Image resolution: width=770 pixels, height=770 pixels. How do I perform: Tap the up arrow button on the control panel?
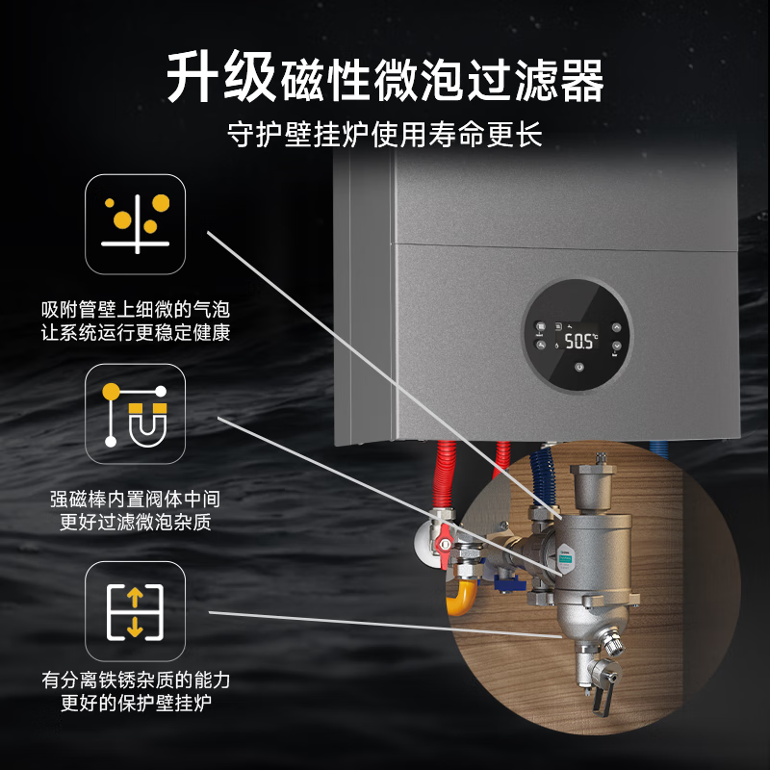pyautogui.click(x=616, y=327)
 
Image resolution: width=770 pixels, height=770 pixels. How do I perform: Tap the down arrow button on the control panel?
pyautogui.click(x=616, y=346)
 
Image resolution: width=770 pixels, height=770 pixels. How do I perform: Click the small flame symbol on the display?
pyautogui.click(x=557, y=345)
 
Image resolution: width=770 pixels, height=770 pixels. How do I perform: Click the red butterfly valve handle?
pyautogui.click(x=445, y=544)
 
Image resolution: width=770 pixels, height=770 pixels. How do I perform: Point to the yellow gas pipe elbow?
pyautogui.click(x=461, y=597)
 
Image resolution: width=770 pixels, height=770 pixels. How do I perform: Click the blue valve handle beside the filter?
pyautogui.click(x=509, y=583)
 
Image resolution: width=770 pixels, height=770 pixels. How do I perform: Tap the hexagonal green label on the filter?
pyautogui.click(x=566, y=558)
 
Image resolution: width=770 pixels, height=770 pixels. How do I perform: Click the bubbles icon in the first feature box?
pyautogui.click(x=136, y=224)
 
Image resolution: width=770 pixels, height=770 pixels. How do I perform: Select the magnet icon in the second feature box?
pyautogui.click(x=136, y=415)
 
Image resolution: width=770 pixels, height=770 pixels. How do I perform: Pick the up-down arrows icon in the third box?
pyautogui.click(x=135, y=612)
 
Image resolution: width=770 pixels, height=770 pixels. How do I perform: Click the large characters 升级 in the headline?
pyautogui.click(x=221, y=77)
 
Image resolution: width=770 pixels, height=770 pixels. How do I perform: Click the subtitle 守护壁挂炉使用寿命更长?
pyautogui.click(x=384, y=134)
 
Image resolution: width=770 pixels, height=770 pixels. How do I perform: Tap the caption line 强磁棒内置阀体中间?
pyautogui.click(x=135, y=500)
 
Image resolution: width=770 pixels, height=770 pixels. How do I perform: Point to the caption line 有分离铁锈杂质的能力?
pyautogui.click(x=136, y=680)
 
